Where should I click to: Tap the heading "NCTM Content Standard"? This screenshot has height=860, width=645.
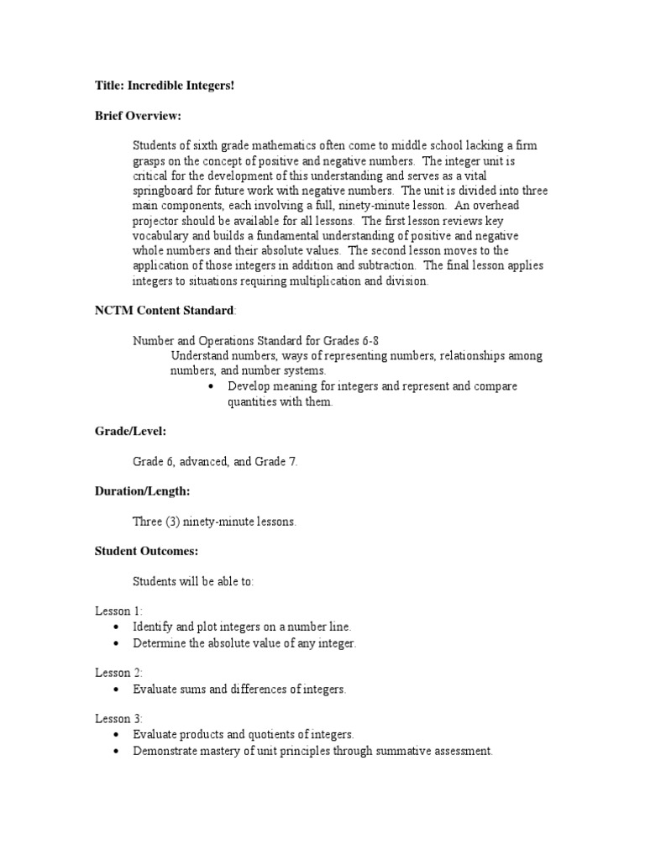coord(165,311)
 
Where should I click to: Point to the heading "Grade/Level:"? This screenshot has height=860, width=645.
coord(130,431)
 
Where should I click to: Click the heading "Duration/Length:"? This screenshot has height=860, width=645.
coord(142,491)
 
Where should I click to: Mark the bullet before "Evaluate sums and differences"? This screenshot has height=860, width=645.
coord(116,690)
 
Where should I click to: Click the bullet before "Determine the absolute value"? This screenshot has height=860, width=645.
coord(116,644)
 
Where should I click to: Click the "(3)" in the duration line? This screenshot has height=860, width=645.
coord(174,522)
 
